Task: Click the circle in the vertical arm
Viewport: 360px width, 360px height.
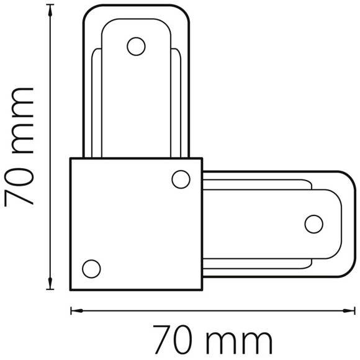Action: coord(136,47)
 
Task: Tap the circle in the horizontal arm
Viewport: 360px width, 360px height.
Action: coord(314,224)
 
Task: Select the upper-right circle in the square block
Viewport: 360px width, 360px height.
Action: coord(181,179)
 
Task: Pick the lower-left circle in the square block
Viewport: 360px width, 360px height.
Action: coord(91,269)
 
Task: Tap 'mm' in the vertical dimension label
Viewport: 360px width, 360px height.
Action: coord(22,120)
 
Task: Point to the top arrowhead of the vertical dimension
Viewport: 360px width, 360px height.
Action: coord(50,11)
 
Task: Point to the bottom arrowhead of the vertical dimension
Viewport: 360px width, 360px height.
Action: coord(50,283)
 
